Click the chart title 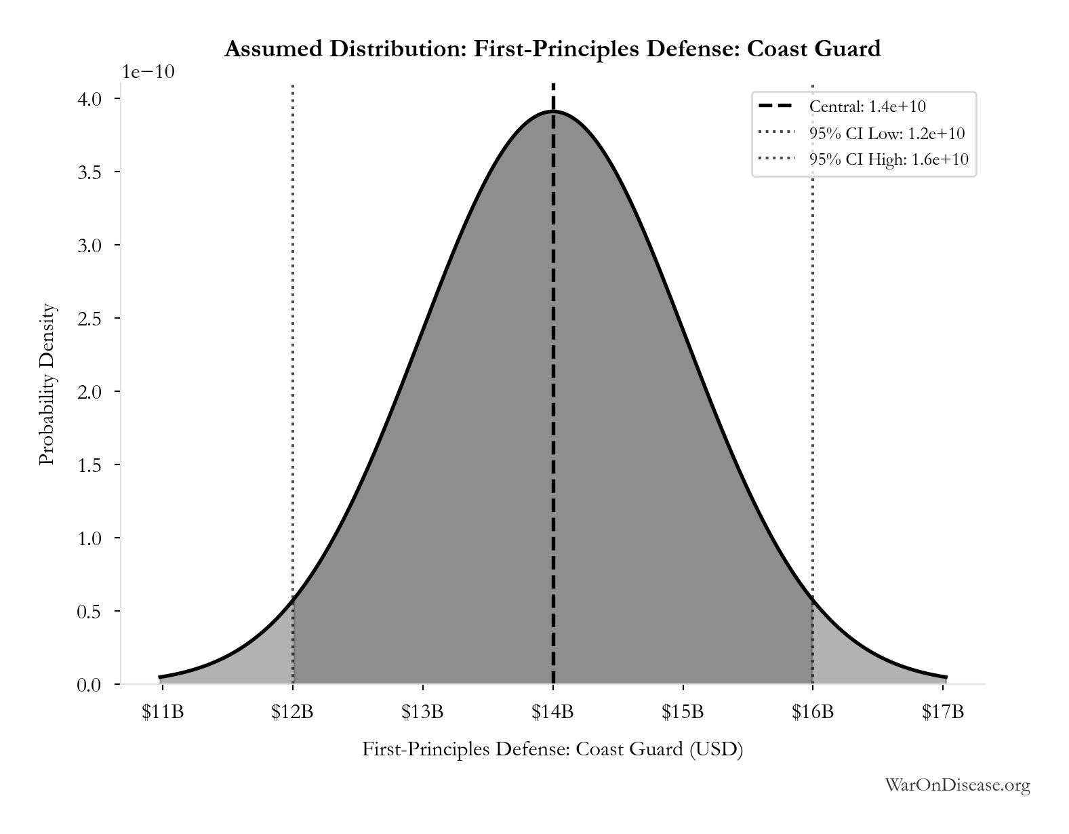coord(552,49)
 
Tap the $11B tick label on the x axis coord(163,712)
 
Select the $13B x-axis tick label coord(422,712)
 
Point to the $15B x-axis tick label coord(683,712)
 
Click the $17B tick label coord(943,712)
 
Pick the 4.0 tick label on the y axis coord(89,99)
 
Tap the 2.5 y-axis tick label coord(89,319)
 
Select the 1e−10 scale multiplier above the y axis coord(148,72)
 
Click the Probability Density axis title coord(47,384)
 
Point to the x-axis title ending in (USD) coord(552,749)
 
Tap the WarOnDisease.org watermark coord(957,785)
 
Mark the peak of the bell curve coord(553,112)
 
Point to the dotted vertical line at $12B coord(294,384)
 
